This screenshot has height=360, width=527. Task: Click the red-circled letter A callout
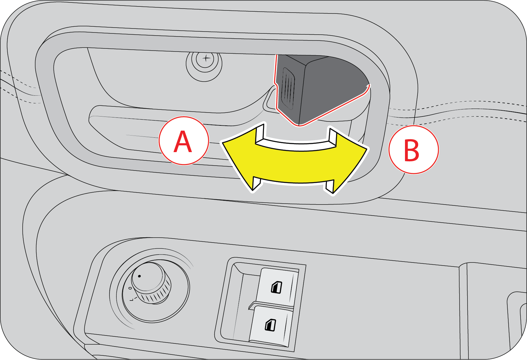coord(184,141)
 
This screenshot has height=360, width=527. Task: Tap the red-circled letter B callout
coord(414,150)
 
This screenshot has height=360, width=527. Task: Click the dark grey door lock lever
coord(319,89)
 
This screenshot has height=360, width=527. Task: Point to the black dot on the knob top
coord(139,276)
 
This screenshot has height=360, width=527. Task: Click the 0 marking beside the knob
coord(130,289)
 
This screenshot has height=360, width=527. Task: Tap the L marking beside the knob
coord(132,299)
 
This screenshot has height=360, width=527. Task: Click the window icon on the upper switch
coord(277,287)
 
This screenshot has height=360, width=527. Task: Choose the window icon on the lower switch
coord(270,325)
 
